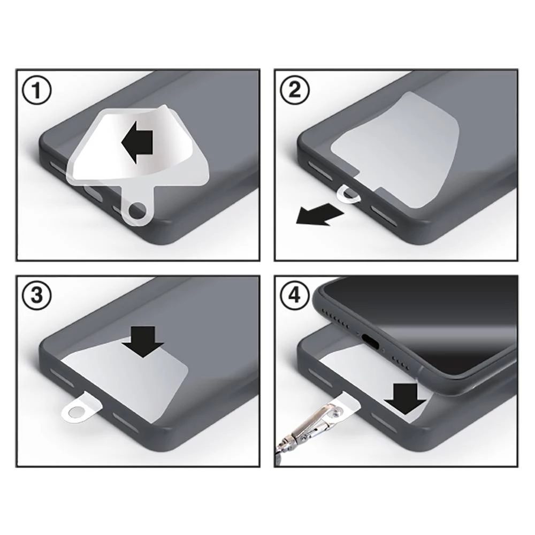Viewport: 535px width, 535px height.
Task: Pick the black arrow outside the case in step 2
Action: click(x=319, y=216)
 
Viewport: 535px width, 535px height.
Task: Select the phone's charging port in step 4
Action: click(x=371, y=340)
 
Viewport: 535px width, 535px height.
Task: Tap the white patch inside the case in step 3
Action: click(x=134, y=380)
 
